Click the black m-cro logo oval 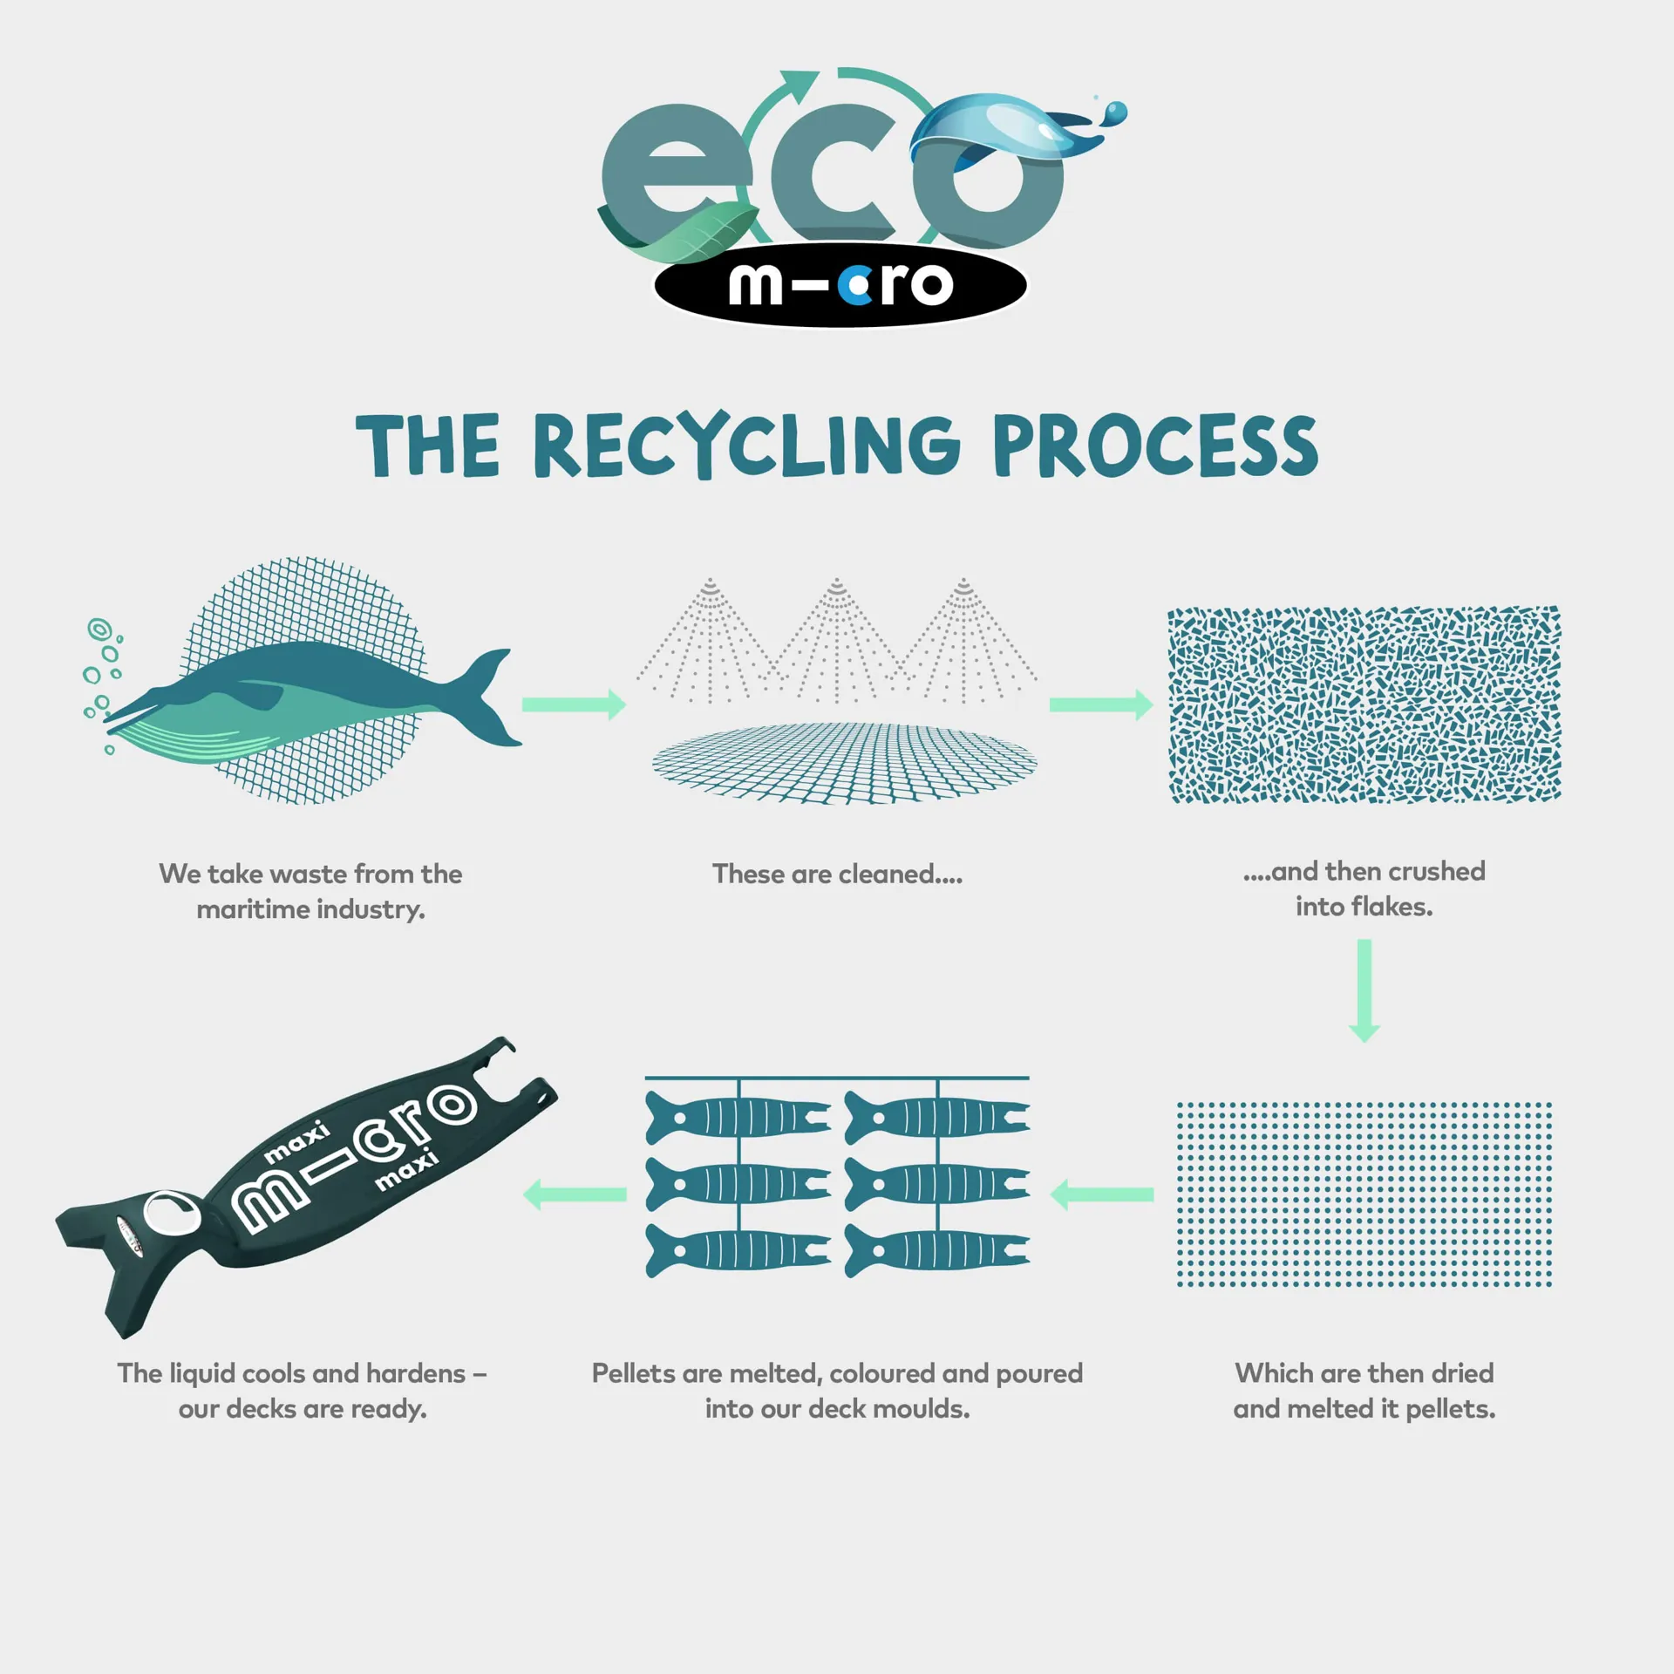[x=840, y=284]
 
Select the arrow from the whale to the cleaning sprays [x=574, y=704]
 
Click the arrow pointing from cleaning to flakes [x=1101, y=704]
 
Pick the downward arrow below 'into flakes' [x=1364, y=990]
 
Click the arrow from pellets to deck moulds [x=1101, y=1194]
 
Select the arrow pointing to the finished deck [x=574, y=1194]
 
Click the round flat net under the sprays [x=845, y=763]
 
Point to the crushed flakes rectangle [x=1364, y=704]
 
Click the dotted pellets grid [x=1364, y=1194]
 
